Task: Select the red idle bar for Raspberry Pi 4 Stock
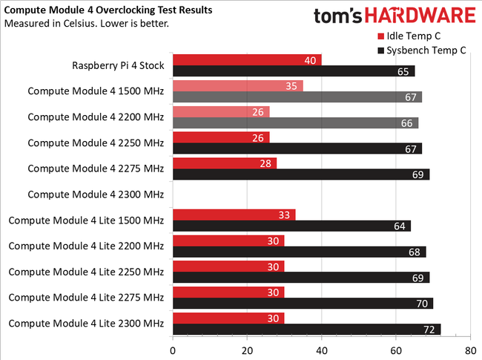pos(246,59)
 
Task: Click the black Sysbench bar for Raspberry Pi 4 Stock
pos(293,71)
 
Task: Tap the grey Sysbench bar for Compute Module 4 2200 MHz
pos(295,122)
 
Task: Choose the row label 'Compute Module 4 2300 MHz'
pos(96,194)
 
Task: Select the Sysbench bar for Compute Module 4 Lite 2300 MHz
pos(306,329)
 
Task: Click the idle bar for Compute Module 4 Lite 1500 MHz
pos(234,215)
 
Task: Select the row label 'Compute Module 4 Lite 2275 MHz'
pos(86,297)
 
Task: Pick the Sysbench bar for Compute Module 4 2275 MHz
pos(300,174)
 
